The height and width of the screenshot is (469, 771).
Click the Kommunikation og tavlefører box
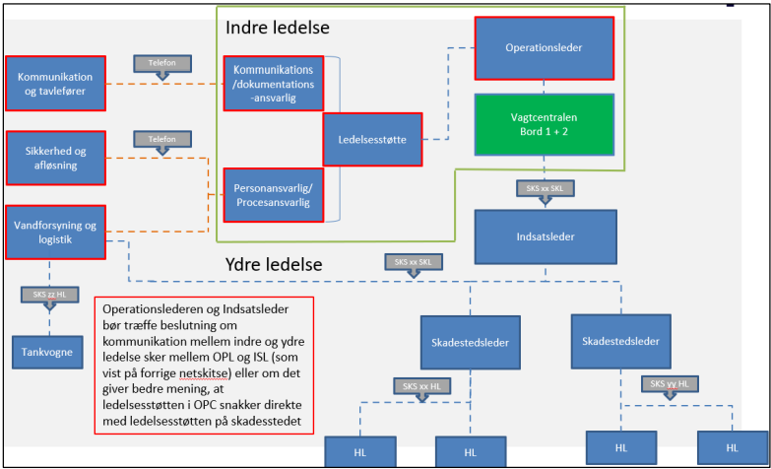55,84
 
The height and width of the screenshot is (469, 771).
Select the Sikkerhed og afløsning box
55,158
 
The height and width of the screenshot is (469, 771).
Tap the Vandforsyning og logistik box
55,233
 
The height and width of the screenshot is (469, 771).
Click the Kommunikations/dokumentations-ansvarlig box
272,84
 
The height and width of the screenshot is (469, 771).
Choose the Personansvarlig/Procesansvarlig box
272,195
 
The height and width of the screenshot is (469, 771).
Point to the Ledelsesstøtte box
373,140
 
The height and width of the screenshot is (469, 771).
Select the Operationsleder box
546,46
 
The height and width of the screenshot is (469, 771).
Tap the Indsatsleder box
546,236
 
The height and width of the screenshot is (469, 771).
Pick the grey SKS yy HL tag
673,383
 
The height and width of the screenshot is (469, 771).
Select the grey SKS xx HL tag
420,385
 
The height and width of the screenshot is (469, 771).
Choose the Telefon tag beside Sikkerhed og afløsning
161,140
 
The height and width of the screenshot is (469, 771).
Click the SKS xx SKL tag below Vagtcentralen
545,187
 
